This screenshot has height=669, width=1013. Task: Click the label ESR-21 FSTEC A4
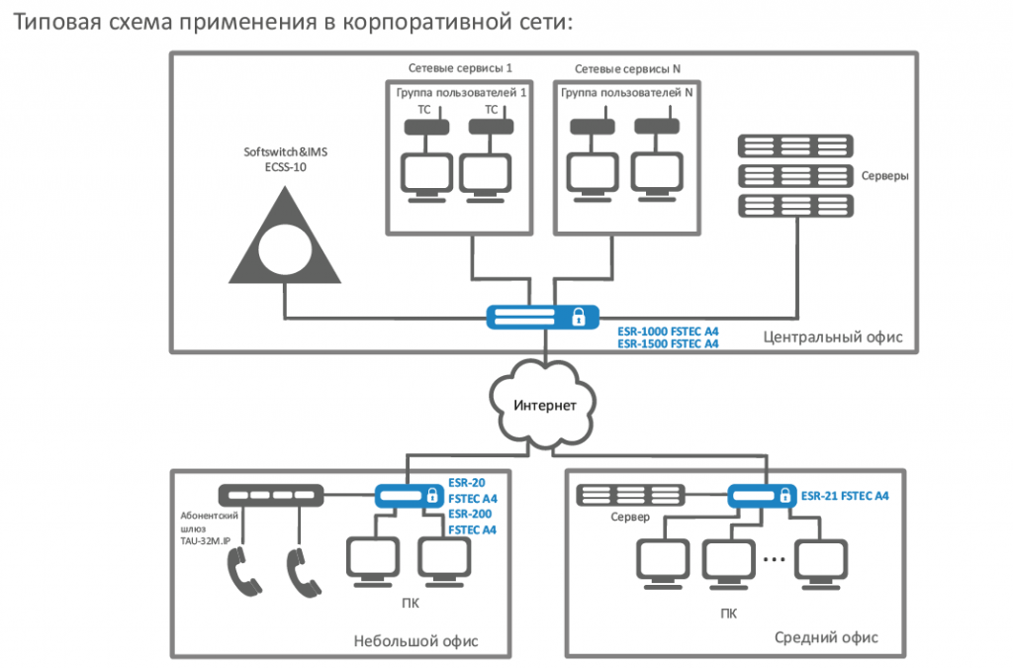846,494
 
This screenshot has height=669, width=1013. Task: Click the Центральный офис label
833,337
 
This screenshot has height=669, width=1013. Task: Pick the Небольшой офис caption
415,640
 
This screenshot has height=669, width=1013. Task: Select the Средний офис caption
826,637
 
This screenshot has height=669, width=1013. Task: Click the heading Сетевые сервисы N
628,69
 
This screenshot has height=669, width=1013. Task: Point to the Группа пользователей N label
626,92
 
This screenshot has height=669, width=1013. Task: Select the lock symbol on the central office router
577,318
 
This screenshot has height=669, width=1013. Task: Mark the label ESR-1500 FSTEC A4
668,343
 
